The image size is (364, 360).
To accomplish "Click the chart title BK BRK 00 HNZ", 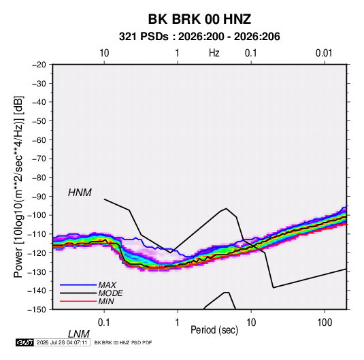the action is [199, 19].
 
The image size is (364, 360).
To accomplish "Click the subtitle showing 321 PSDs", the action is [199, 37].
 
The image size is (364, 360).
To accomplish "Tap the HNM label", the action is [80, 193].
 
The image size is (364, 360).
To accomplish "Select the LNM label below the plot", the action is [78, 334].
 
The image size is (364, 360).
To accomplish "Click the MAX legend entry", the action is [107, 284].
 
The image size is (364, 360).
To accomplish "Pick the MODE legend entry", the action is [110, 293].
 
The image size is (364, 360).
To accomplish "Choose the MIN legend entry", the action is [106, 301].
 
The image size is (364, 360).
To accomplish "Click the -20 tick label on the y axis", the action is [39, 65].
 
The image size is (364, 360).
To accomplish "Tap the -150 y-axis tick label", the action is [37, 310].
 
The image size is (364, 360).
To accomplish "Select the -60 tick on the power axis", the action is [39, 140].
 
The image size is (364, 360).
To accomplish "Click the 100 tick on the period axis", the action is [324, 323].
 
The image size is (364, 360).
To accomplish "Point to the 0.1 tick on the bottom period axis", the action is [104, 323].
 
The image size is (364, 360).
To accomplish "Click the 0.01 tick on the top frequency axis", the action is [324, 53].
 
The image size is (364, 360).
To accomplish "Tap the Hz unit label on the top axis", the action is [214, 53].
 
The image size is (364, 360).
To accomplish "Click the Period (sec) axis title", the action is [214, 330].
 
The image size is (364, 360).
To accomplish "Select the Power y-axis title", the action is [18, 187].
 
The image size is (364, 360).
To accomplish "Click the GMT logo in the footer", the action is [24, 342].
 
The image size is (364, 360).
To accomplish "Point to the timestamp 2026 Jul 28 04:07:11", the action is [62, 342].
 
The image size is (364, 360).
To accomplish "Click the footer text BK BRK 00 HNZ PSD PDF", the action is [123, 342].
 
